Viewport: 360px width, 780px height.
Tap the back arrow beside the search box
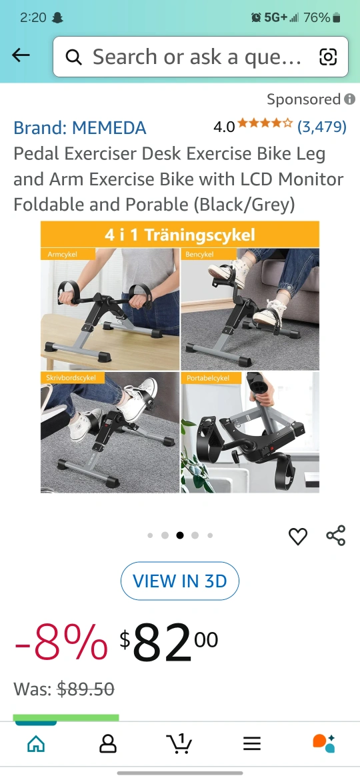[x=21, y=56]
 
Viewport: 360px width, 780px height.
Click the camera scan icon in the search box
[x=328, y=57]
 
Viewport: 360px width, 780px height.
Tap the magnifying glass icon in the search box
[x=73, y=58]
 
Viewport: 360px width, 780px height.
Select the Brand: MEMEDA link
[x=79, y=128]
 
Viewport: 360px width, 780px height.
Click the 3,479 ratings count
[x=322, y=127]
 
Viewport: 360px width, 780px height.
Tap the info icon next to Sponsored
[x=350, y=99]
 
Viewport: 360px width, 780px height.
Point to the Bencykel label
[x=199, y=254]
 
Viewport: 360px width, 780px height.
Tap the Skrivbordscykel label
[x=68, y=378]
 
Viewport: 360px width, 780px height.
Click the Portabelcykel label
[x=208, y=378]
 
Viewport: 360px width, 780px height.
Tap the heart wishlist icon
[x=298, y=536]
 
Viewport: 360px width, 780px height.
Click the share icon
[x=335, y=535]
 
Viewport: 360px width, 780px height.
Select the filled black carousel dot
[x=180, y=535]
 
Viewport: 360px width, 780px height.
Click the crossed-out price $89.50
[x=85, y=689]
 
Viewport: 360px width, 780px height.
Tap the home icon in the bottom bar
[x=36, y=744]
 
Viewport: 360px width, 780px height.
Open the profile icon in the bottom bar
[x=108, y=744]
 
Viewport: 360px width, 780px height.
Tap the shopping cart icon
[x=179, y=743]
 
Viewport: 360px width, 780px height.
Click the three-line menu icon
[x=251, y=744]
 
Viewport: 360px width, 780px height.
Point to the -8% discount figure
[x=61, y=642]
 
